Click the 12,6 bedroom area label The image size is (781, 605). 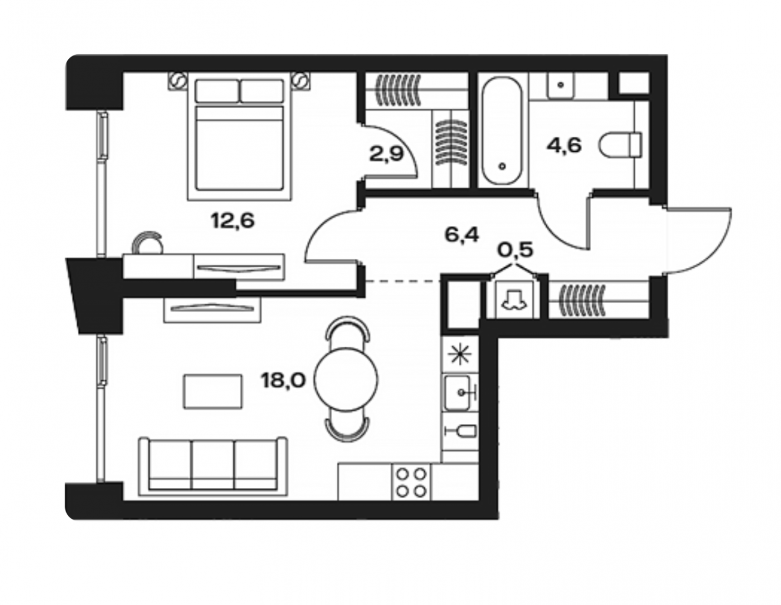(x=233, y=221)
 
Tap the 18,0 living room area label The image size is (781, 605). (x=283, y=380)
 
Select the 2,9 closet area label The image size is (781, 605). (x=387, y=155)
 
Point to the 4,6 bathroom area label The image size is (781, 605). (x=564, y=146)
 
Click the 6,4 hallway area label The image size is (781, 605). (x=462, y=235)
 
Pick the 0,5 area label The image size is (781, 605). (x=515, y=250)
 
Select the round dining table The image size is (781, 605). (x=346, y=380)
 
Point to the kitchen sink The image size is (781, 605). (x=458, y=393)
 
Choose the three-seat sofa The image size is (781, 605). (x=213, y=467)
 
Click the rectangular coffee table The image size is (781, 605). (x=213, y=391)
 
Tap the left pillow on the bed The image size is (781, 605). (x=217, y=91)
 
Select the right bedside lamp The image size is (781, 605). (x=300, y=81)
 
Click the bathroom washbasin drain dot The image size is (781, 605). (x=561, y=85)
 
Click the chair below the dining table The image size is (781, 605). (x=347, y=429)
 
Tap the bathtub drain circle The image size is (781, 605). (x=502, y=166)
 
